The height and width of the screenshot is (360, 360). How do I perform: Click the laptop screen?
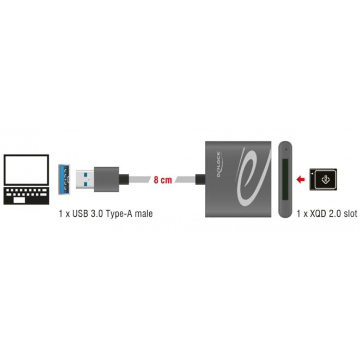[x=26, y=169]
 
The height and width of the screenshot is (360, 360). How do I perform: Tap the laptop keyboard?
[x=26, y=196]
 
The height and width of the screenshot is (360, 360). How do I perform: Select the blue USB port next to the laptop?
[x=64, y=179]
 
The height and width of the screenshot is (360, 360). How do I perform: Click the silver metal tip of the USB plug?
[x=85, y=179]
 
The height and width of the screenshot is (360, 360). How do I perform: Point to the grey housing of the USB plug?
[x=107, y=179]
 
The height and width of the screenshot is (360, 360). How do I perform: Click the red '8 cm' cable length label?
[x=163, y=180]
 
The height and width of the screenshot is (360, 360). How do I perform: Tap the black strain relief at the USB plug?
[x=124, y=179]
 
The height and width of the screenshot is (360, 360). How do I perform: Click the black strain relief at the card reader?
[x=200, y=179]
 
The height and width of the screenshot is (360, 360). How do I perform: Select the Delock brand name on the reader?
[x=219, y=164]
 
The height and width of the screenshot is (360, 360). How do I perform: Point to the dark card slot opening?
[x=285, y=179]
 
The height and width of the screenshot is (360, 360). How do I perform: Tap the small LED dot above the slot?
[x=286, y=150]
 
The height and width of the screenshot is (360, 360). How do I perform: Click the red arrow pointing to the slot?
[x=301, y=179]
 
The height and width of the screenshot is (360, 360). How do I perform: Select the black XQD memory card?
[x=324, y=179]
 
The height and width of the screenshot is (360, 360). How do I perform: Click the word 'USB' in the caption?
[x=80, y=213]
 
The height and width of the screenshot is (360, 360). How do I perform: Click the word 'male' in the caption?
[x=144, y=213]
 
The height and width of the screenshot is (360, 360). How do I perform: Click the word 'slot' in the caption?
[x=350, y=213]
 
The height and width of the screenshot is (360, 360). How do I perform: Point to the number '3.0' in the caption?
[x=96, y=213]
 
